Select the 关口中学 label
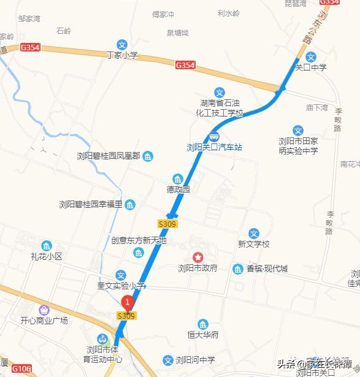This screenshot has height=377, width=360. pyautogui.click(x=311, y=67)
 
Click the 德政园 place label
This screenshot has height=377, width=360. pyautogui.click(x=178, y=189)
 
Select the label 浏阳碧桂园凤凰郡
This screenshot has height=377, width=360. pyautogui.click(x=109, y=157)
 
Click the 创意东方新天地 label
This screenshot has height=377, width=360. pyautogui.click(x=139, y=241)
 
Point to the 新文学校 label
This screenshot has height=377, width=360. pyautogui.click(x=254, y=244)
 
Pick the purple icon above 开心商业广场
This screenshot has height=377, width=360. pyautogui.click(x=44, y=310)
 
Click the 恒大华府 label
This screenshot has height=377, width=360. pyautogui.click(x=203, y=335)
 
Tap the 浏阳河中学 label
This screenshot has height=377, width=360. pyautogui.click(x=196, y=360)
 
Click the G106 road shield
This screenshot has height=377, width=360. pyautogui.click(x=20, y=368)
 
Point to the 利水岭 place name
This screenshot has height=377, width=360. pyautogui.click(x=229, y=13)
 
